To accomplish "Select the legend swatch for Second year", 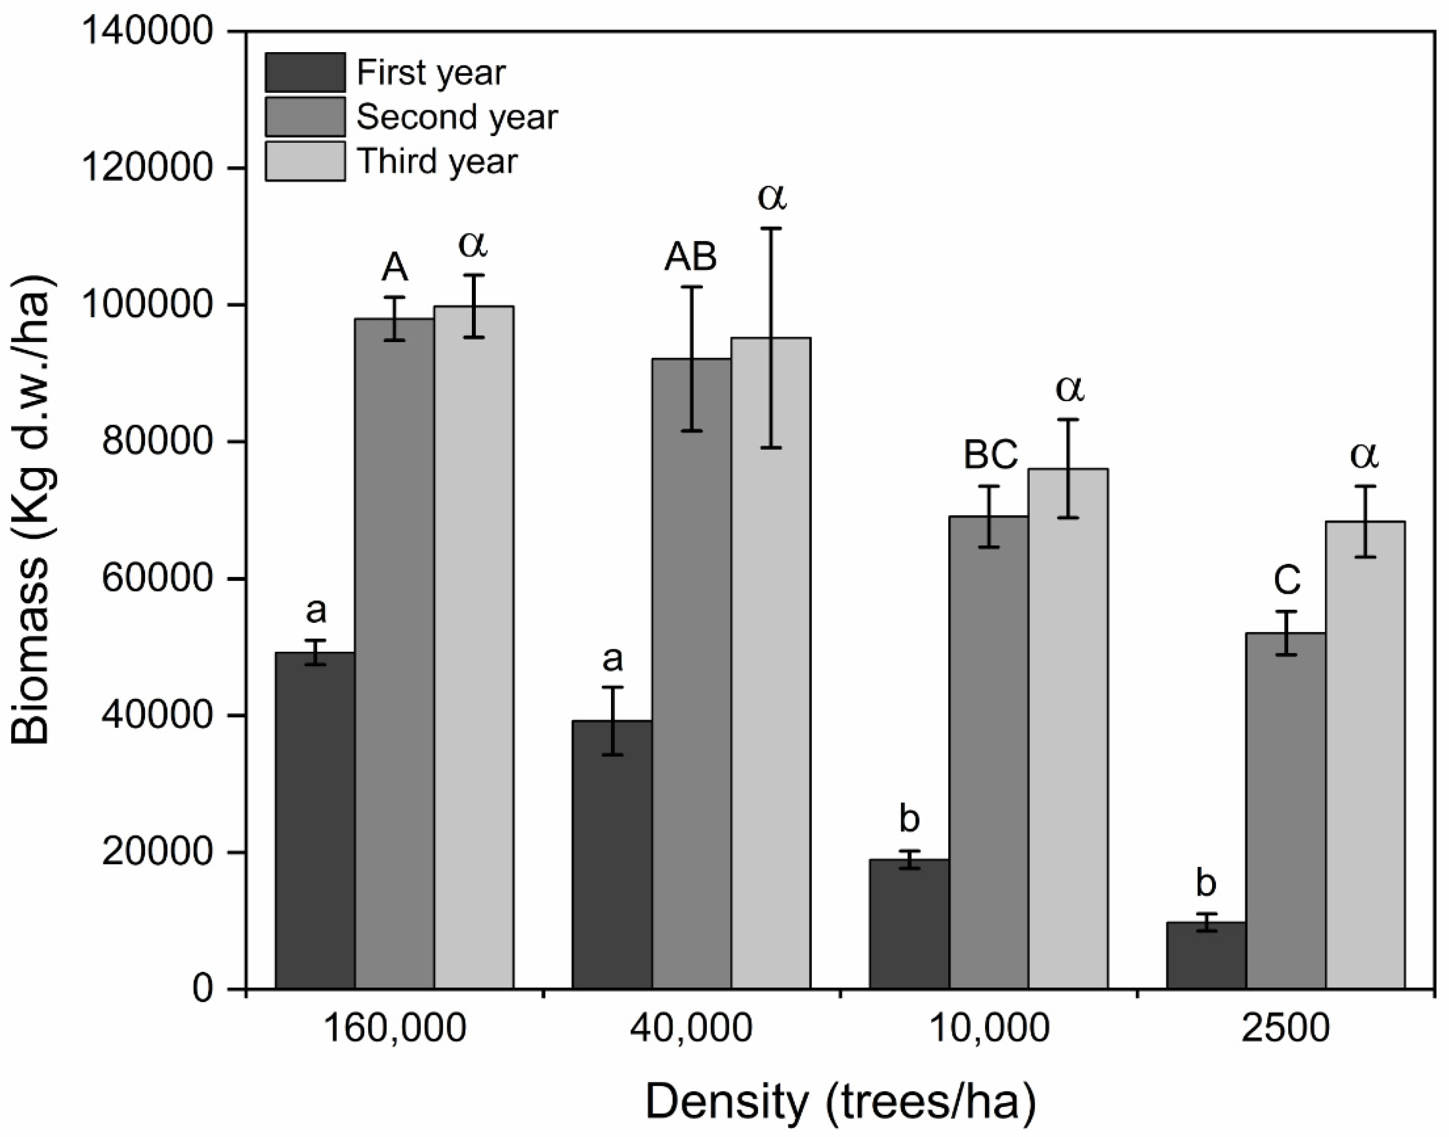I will coord(305,117).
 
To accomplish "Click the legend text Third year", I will coord(437,161).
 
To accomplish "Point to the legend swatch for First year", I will coord(305,72).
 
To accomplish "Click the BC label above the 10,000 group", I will coord(990,455).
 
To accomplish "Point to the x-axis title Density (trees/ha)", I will coord(840,1101).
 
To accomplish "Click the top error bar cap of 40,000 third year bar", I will coord(771,228).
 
